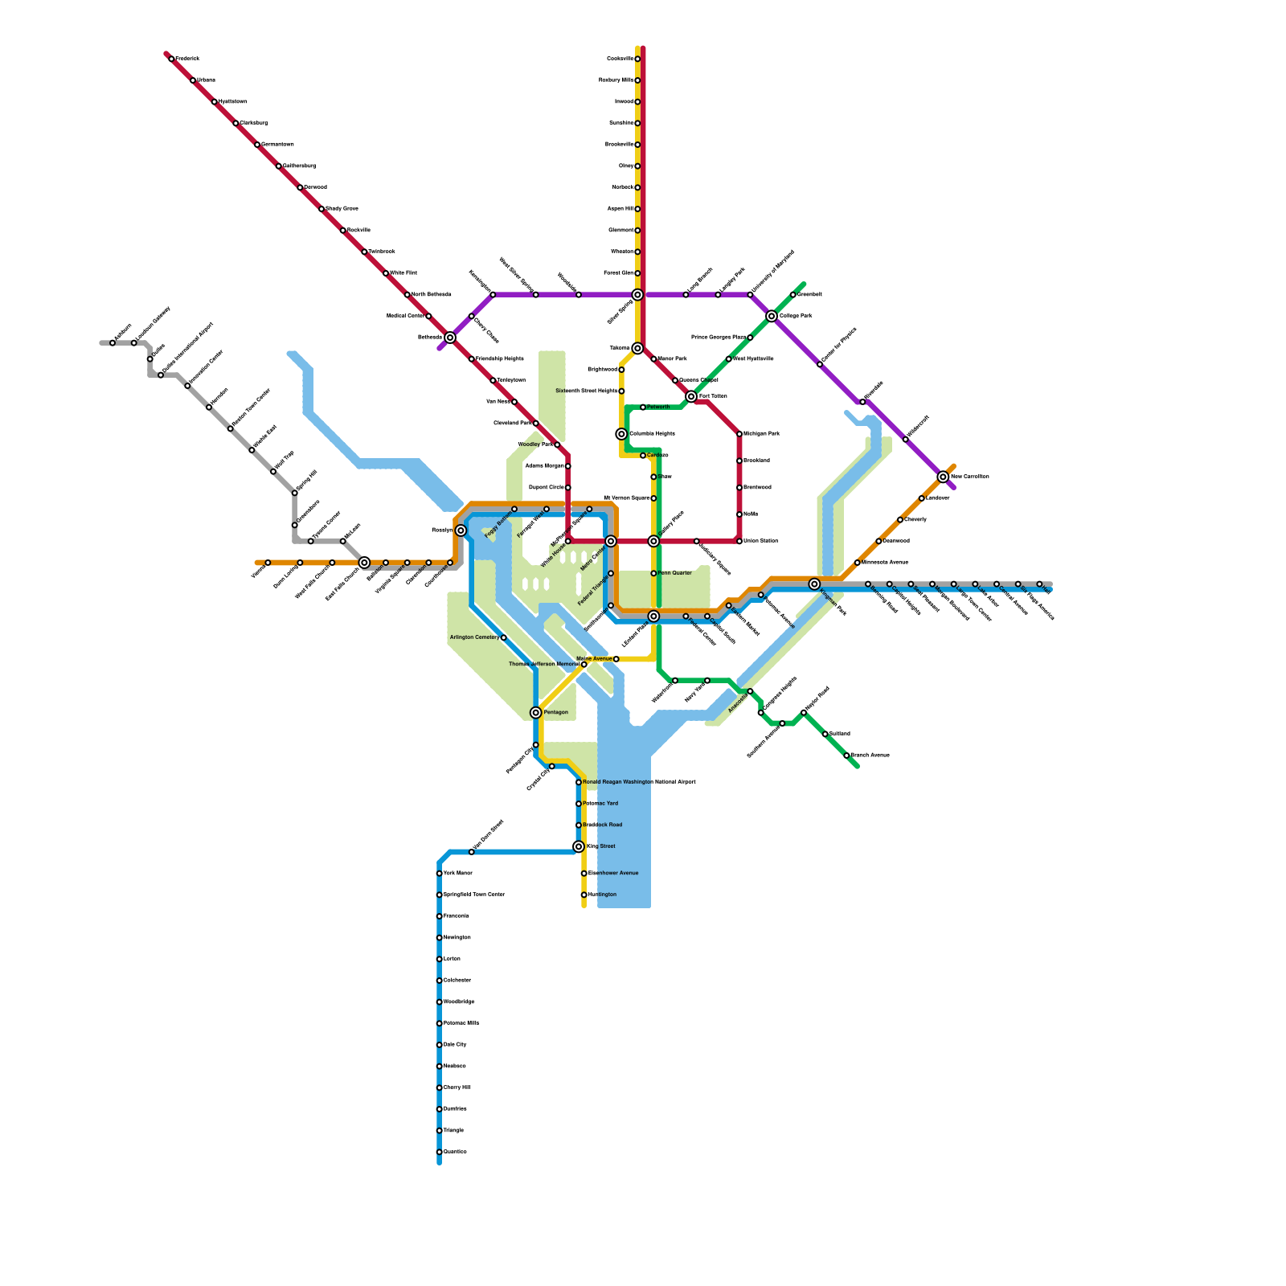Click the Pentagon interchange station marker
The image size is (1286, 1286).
[536, 713]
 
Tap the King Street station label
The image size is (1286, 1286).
[600, 846]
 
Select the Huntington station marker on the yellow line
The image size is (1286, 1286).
[584, 895]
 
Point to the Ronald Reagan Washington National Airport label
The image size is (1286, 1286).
[639, 782]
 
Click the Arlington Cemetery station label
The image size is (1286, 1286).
[474, 637]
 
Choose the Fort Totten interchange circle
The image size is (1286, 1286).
[691, 396]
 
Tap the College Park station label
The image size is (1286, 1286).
[796, 316]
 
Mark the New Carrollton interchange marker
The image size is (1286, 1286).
[943, 477]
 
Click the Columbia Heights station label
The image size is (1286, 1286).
[652, 434]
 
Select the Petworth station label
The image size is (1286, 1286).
[658, 408]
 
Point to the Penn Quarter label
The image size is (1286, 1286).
[675, 573]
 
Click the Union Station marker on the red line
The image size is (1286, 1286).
[739, 541]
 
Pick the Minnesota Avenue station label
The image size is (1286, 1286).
[885, 563]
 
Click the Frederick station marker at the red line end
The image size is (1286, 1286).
[171, 59]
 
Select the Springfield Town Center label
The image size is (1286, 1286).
[474, 895]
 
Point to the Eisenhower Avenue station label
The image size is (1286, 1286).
[613, 873]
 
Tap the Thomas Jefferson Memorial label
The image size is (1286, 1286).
[543, 665]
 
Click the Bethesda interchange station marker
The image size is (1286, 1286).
[450, 338]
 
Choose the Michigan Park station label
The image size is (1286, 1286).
[761, 434]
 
